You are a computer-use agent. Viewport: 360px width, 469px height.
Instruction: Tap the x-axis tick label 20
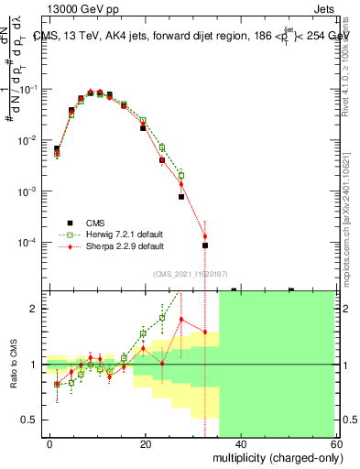pyautogui.click(x=145, y=443)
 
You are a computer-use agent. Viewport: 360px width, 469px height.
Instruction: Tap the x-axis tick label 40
pyautogui.click(x=240, y=443)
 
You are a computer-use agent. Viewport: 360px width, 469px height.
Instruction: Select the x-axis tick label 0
pyautogui.click(x=50, y=443)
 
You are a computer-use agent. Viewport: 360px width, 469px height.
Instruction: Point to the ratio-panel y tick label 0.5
pyautogui.click(x=30, y=420)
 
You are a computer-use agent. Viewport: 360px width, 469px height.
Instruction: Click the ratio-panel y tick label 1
pyautogui.click(x=34, y=365)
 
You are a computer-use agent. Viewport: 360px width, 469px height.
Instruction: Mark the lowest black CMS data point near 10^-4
pyautogui.click(x=205, y=245)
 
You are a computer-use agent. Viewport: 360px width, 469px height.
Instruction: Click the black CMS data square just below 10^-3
pyautogui.click(x=181, y=196)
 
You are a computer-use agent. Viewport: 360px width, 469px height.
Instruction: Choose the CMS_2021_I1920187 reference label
pyautogui.click(x=191, y=273)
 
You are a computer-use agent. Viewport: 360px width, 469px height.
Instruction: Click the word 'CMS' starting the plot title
pyautogui.click(x=45, y=37)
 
